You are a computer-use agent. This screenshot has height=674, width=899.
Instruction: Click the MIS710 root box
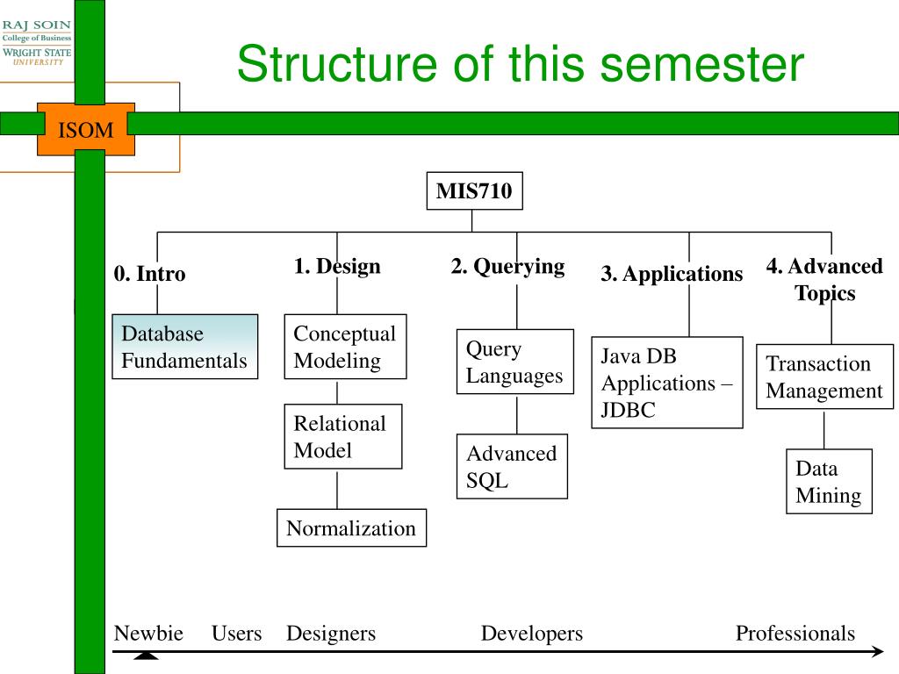point(474,190)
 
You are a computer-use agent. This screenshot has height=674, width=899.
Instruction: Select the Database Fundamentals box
point(184,347)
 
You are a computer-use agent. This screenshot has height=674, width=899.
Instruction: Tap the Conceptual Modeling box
point(345,347)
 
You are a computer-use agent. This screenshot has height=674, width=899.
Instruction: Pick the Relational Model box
point(343,437)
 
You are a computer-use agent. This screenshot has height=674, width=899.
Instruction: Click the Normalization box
point(351,527)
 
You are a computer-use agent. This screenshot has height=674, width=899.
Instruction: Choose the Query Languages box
point(514,362)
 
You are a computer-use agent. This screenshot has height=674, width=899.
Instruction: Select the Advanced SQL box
point(512,467)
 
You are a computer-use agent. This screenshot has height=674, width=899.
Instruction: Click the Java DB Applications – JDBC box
point(667,383)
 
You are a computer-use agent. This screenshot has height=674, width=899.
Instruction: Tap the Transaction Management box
point(824,376)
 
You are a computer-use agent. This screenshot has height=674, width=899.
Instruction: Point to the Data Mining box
point(829,482)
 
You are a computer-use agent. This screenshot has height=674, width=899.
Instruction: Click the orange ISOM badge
point(86,130)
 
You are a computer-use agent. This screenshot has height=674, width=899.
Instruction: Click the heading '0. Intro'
point(149,274)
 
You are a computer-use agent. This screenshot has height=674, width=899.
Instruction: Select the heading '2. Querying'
point(508,267)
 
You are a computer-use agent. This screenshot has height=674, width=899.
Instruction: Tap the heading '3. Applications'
point(672,274)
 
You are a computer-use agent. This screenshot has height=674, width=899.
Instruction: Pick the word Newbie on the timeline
point(148,634)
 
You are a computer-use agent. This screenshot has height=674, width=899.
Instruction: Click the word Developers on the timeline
point(531,634)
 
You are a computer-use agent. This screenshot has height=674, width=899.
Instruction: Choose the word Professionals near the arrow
point(795,634)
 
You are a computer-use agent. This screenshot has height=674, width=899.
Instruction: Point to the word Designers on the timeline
point(331,634)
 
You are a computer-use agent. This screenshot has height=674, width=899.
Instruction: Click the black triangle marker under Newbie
point(147,656)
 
